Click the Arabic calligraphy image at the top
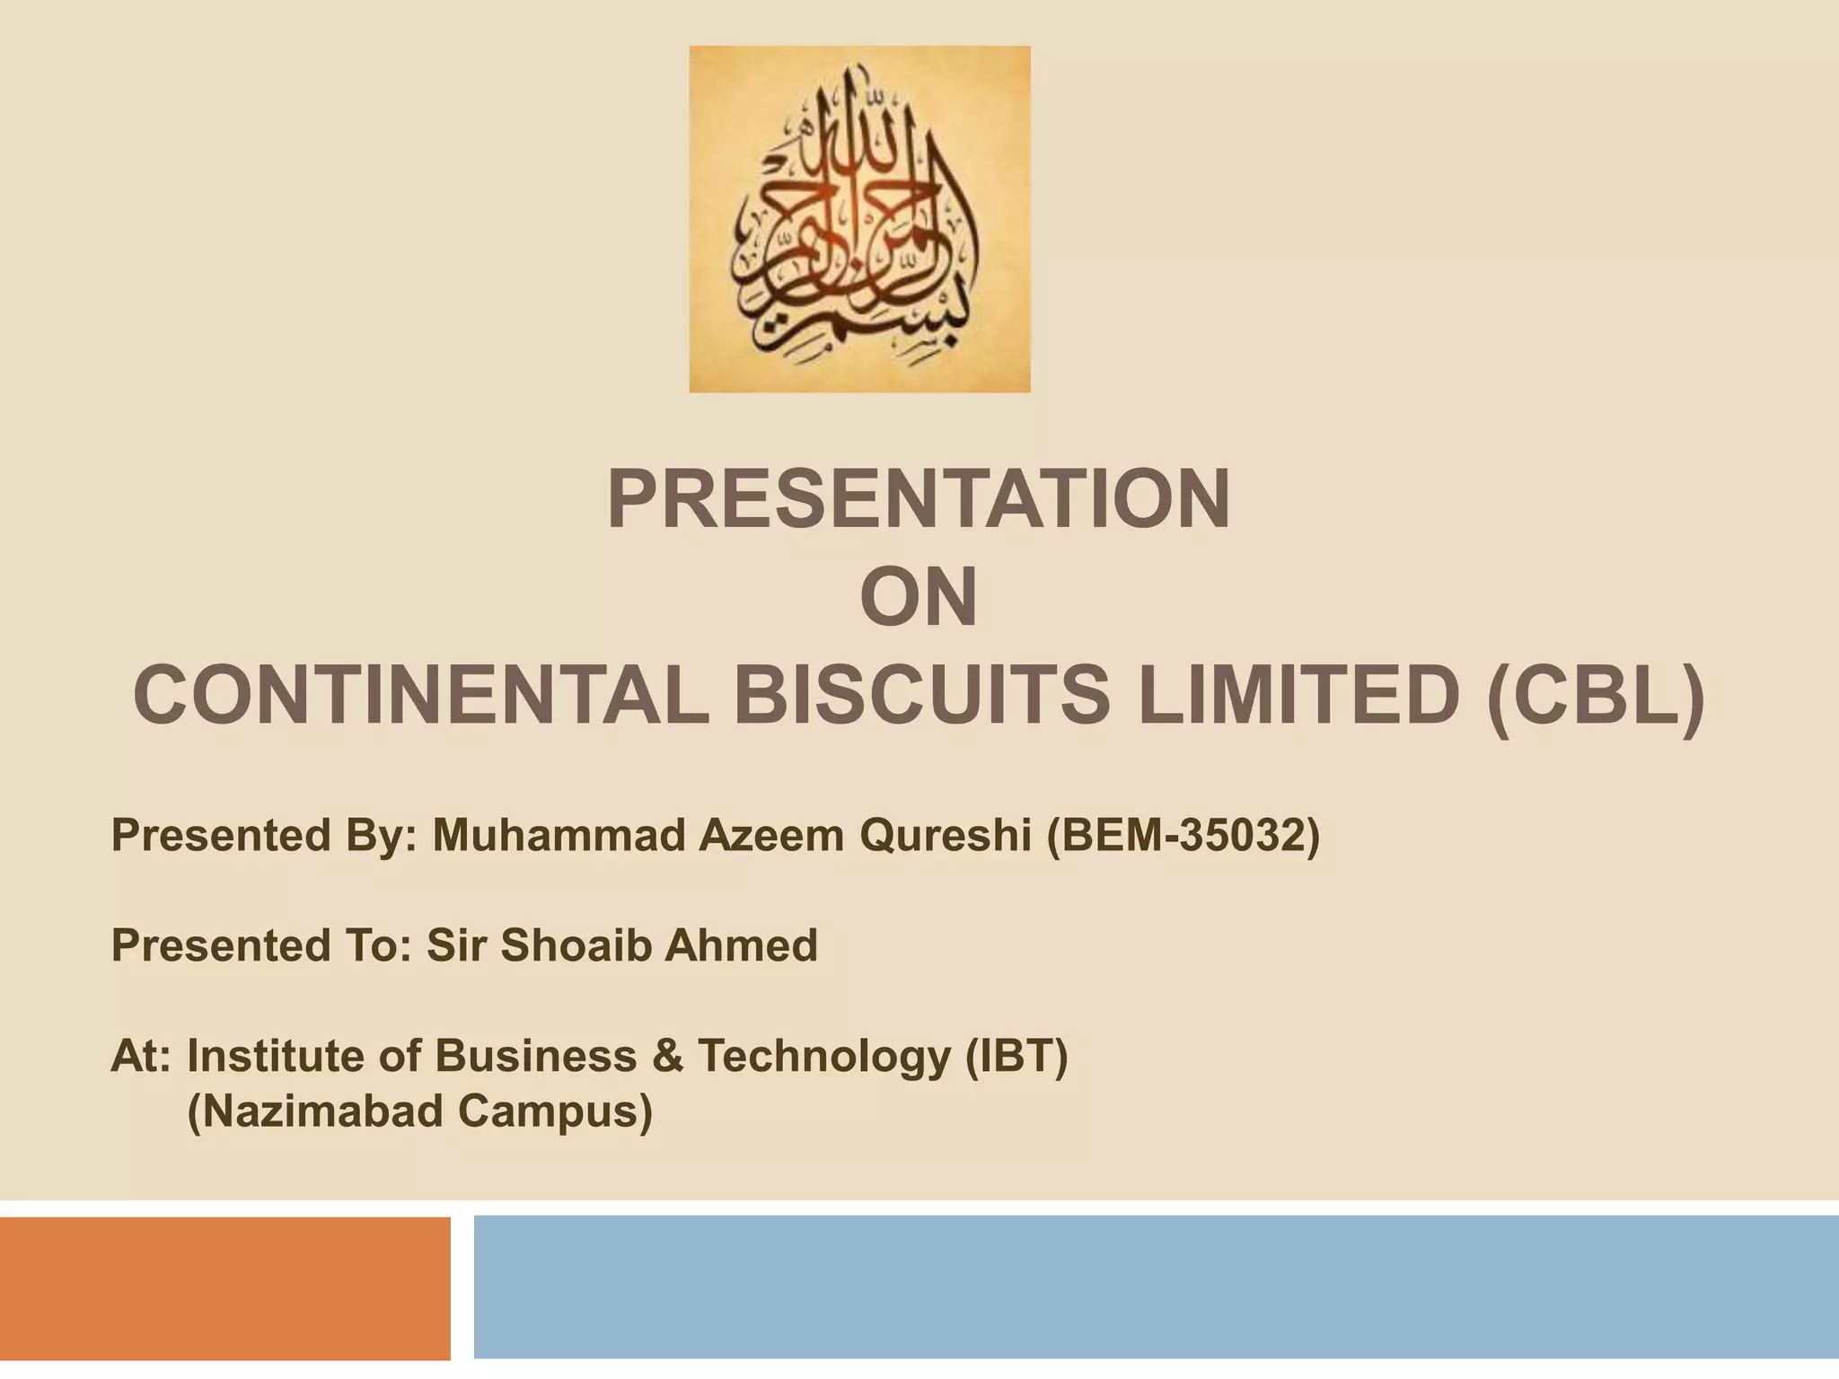(x=859, y=219)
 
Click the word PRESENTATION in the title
(x=918, y=500)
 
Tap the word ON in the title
(x=918, y=598)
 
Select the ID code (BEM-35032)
(x=1183, y=837)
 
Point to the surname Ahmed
(x=741, y=945)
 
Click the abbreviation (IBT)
(x=1016, y=1057)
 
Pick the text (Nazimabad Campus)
(x=419, y=1111)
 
